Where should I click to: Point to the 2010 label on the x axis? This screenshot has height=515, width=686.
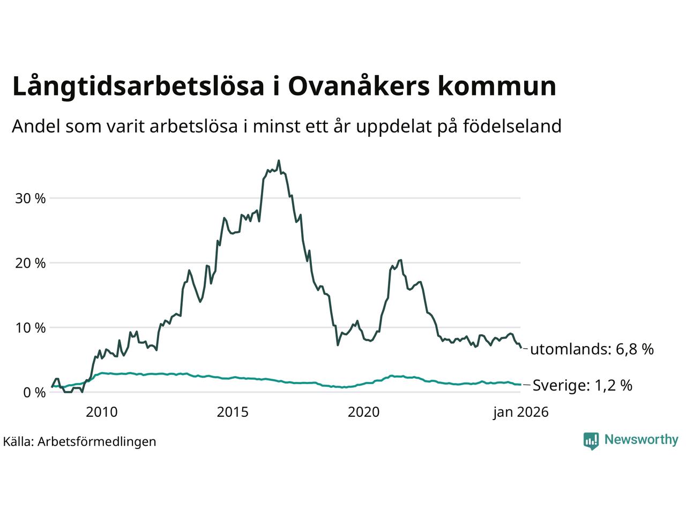coord(101,412)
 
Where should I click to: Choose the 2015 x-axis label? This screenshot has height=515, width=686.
coord(233,412)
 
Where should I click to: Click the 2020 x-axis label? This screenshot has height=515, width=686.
coord(363,412)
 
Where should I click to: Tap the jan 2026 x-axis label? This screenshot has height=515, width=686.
coord(521,412)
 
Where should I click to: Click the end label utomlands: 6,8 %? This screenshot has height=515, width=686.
coord(592,350)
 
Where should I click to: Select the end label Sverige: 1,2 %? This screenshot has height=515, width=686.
coord(582,385)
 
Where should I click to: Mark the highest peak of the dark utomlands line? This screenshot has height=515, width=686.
coord(279,160)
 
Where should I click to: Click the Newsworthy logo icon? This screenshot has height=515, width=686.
coord(591,440)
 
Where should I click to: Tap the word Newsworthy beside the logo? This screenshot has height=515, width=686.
coord(641,440)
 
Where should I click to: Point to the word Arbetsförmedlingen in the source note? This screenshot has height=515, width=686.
coord(97,442)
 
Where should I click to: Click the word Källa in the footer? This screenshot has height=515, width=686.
coord(18,442)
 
